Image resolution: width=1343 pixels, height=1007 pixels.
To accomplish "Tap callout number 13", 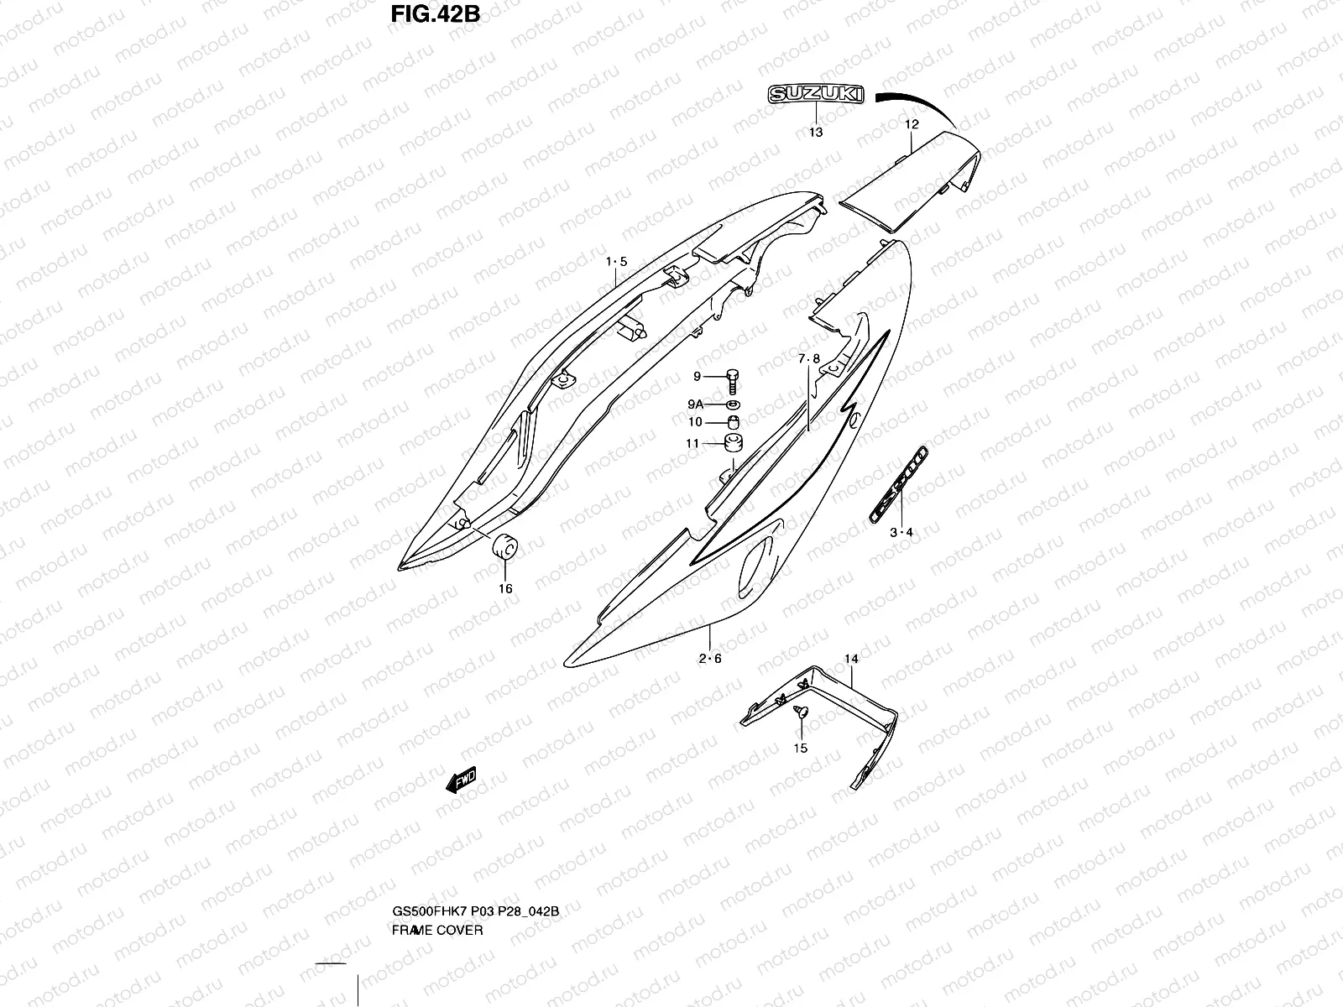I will coord(816,132).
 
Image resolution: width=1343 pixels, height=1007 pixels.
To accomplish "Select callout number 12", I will coord(912,124).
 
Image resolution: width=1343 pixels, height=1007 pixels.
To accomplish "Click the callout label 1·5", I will coord(616,262).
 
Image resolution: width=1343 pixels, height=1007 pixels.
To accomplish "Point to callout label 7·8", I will coord(809,358).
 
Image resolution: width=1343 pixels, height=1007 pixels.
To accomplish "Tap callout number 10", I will coord(695,422).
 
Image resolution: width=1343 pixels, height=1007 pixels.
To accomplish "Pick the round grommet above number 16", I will coord(505,546).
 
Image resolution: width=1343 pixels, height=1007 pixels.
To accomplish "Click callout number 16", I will coord(505,588).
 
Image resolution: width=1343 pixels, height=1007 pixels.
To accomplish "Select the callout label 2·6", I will coord(710,658).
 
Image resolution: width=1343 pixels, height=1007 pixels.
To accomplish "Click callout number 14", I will coord(851,660).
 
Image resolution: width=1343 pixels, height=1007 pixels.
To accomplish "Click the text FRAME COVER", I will coord(437,907).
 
